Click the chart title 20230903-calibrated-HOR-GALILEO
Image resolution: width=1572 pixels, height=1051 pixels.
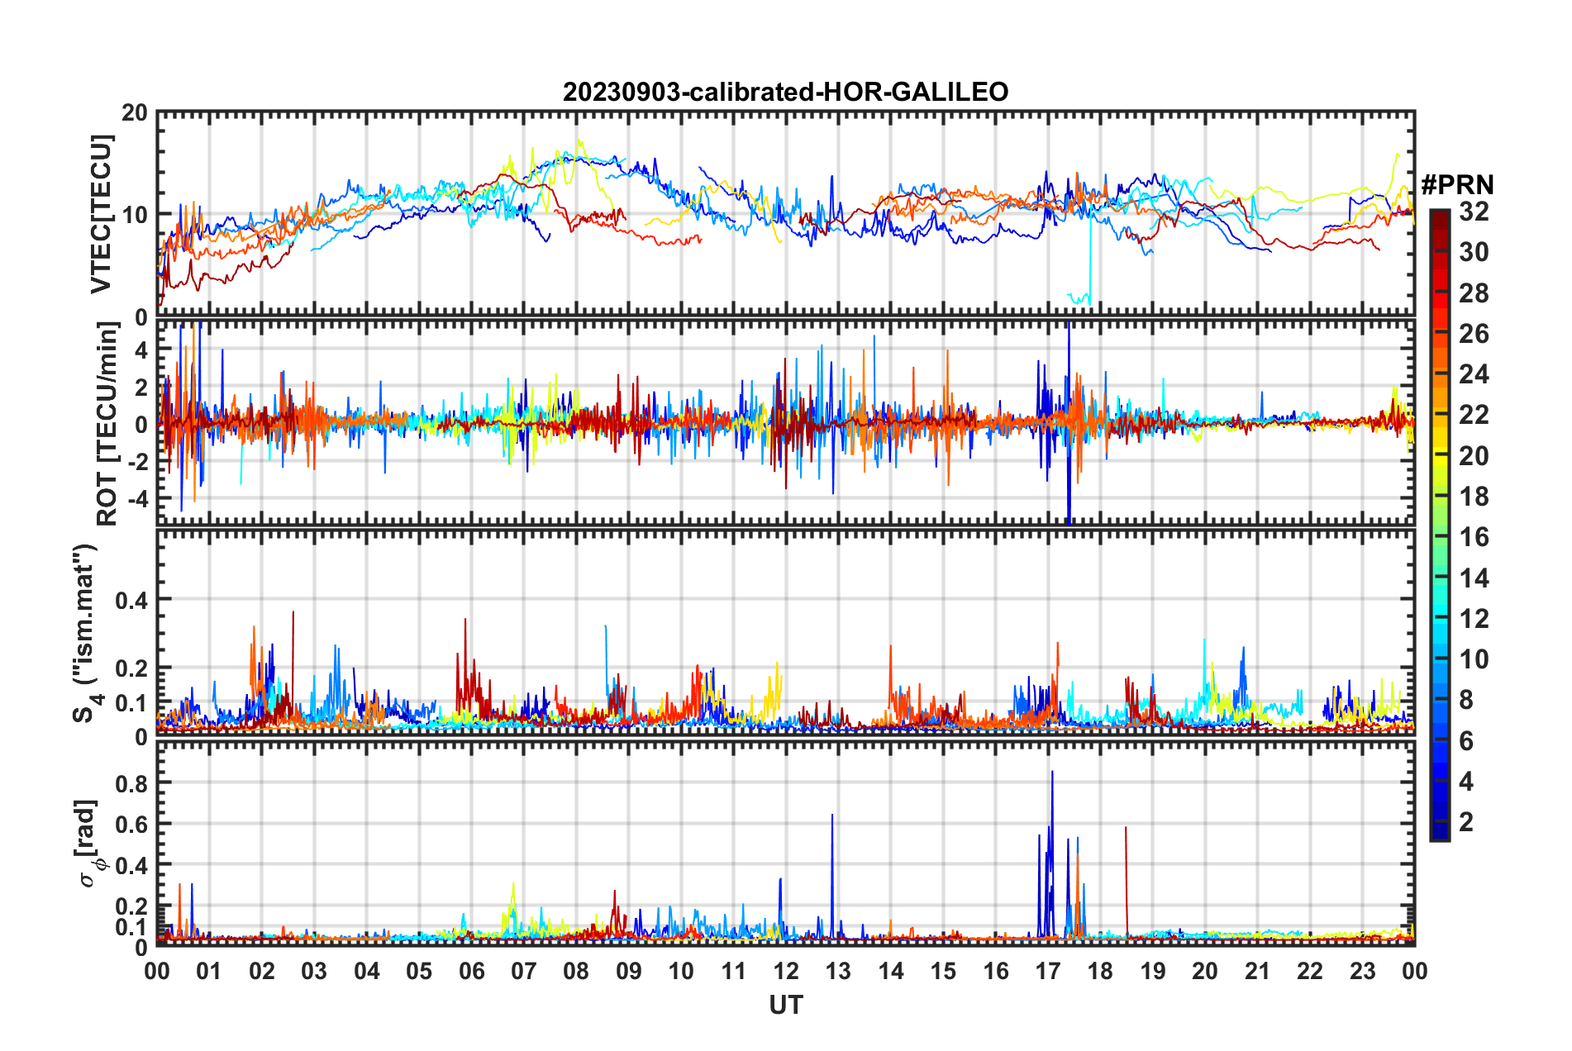[785, 92]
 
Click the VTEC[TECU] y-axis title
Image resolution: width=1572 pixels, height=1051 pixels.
[101, 214]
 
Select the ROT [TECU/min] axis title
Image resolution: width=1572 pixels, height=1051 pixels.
[107, 424]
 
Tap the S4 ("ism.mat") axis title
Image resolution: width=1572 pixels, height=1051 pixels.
[86, 633]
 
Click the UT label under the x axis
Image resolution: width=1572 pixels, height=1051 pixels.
[785, 1005]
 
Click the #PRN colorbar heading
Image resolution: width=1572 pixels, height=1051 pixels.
[1457, 185]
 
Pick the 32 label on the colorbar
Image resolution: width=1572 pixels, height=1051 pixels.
[1474, 212]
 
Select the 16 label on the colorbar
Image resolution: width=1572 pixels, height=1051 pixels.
[1474, 537]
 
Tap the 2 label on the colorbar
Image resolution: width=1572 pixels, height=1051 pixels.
[1466, 821]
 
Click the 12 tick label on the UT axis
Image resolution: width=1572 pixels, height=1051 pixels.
[786, 971]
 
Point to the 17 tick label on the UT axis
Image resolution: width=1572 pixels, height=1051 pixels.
[1048, 971]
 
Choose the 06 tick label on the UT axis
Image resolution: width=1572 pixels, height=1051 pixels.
[471, 971]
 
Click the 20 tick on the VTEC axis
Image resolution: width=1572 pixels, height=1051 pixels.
[135, 113]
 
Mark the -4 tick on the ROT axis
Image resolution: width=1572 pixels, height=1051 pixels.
[136, 499]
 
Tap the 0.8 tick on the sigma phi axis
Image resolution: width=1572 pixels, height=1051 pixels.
[131, 783]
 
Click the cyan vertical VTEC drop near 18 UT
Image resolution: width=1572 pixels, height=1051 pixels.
[1091, 256]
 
